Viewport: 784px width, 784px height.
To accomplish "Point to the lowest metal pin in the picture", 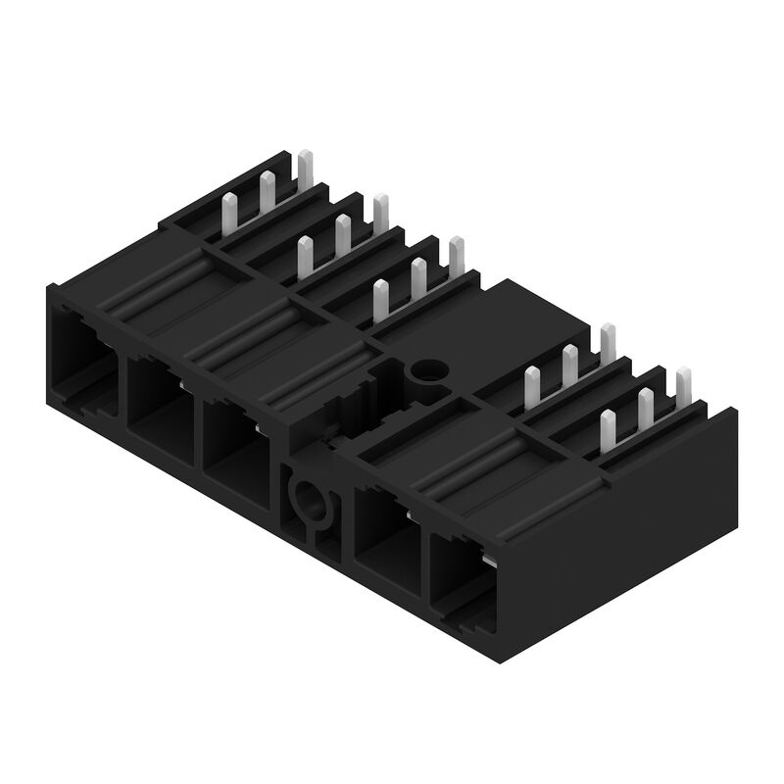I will tap(607, 429).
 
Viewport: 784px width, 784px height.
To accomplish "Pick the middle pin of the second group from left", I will tap(343, 232).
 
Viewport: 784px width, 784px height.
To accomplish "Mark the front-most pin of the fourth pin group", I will tap(532, 384).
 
